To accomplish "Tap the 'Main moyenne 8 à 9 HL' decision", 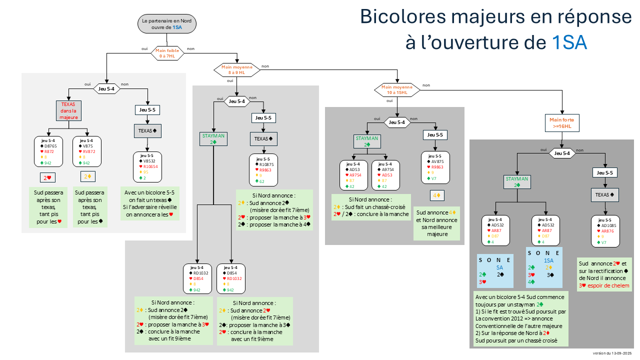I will click(237, 70).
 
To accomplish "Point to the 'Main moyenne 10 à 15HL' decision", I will click(397, 89).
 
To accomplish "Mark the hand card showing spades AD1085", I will click(605, 230).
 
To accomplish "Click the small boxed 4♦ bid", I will click(436, 194).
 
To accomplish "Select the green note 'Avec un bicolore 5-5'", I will click(149, 204).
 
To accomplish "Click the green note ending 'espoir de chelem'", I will click(604, 274).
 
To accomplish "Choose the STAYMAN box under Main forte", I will click(517, 181).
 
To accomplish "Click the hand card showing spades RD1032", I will click(200, 279).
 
